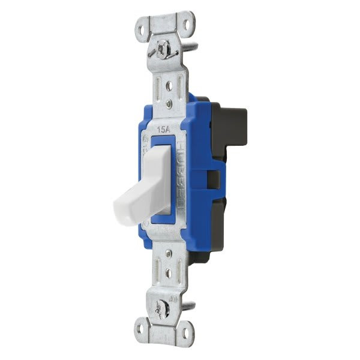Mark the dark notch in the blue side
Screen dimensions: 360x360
point(212,178)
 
